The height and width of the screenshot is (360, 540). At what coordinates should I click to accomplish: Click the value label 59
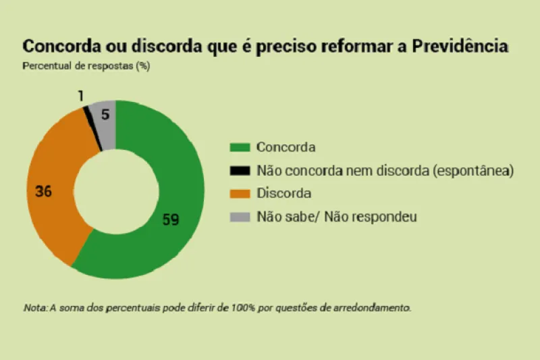(171, 220)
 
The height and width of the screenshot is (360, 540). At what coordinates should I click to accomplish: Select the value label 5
(105, 114)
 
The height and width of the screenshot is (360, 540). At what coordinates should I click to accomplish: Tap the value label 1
(81, 97)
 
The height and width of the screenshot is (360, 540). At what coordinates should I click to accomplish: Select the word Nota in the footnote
(34, 307)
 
